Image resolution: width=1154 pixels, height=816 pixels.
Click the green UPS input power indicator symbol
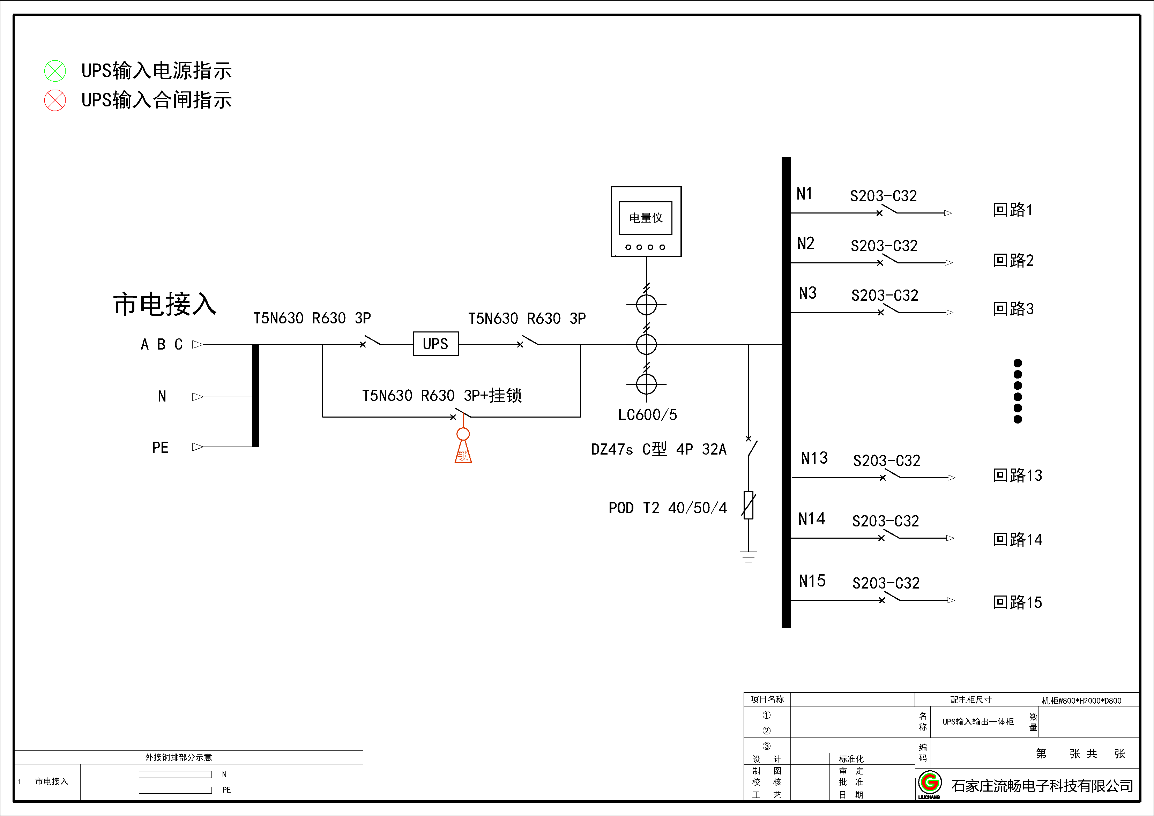tap(55, 71)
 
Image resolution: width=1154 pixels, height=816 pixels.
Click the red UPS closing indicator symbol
tap(55, 100)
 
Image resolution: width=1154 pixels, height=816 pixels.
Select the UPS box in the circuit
tap(436, 344)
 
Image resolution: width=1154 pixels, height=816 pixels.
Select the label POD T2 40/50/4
tap(668, 508)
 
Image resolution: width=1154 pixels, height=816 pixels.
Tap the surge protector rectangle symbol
tap(749, 505)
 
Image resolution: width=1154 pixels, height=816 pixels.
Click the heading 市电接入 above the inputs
tap(165, 304)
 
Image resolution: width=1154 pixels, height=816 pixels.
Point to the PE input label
tap(160, 447)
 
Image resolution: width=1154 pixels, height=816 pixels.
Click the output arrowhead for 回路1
tap(948, 213)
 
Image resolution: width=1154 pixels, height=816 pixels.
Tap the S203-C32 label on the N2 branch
tap(884, 246)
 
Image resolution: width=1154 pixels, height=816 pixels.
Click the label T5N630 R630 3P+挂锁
tap(442, 395)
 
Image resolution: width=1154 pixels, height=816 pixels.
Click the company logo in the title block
tap(929, 784)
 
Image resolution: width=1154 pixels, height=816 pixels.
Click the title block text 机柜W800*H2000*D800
tap(1081, 701)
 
